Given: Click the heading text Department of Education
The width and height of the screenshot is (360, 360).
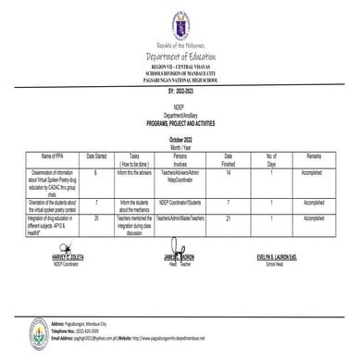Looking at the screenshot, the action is [x=180, y=58].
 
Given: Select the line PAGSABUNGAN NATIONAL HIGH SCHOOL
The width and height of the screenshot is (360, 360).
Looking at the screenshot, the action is [x=180, y=81].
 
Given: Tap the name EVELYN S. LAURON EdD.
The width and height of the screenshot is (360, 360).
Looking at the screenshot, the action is [x=283, y=255].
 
